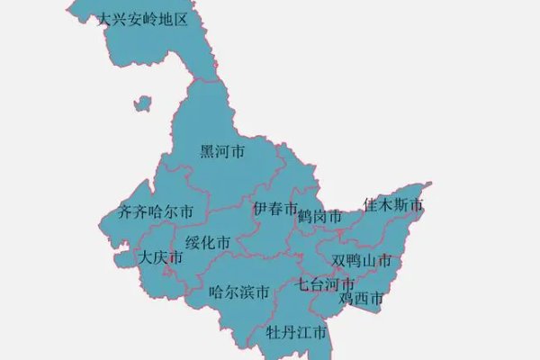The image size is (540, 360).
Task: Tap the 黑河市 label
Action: click(x=222, y=152)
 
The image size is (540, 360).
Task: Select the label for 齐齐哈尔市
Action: click(x=157, y=212)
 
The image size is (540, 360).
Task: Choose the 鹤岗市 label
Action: click(x=319, y=216)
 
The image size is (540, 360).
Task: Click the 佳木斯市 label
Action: click(x=393, y=206)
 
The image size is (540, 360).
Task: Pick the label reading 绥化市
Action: click(x=208, y=243)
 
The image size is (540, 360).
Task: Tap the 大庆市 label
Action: click(x=162, y=258)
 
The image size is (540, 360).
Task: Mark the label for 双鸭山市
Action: click(x=362, y=261)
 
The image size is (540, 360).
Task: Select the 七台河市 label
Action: click(x=327, y=284)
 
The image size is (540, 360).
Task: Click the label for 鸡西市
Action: click(x=362, y=298)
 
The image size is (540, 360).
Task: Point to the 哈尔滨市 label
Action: click(x=238, y=292)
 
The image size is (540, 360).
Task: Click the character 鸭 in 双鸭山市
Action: click(x=355, y=261)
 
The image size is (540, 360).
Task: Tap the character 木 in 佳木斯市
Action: click(x=386, y=206)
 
